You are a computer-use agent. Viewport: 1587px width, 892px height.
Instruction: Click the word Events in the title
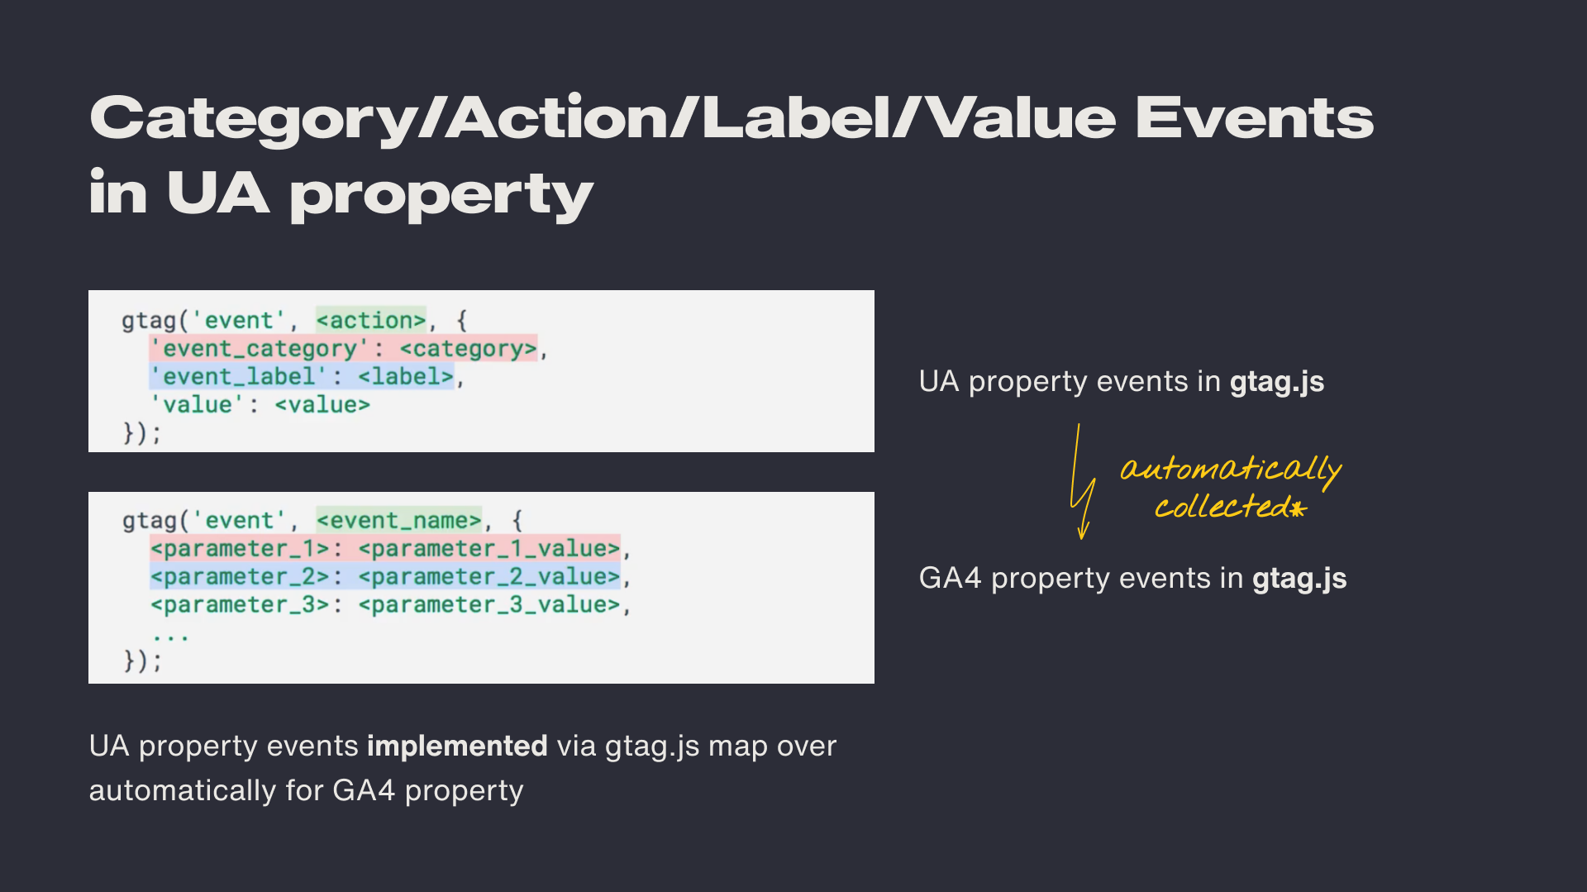tap(1254, 118)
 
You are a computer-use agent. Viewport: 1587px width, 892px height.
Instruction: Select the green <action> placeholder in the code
tap(371, 320)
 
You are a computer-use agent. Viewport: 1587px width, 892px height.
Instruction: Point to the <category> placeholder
tap(469, 349)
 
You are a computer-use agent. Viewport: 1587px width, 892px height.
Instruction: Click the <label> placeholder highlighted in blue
tap(406, 377)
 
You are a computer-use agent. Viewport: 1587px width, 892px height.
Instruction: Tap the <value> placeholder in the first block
tap(322, 405)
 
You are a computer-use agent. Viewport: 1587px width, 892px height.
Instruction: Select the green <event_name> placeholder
tap(399, 520)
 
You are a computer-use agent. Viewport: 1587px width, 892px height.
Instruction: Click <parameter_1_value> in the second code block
tap(489, 548)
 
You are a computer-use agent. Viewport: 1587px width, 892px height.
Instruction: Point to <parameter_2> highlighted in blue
tap(240, 576)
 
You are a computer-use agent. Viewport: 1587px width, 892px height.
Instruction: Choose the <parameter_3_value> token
tap(489, 604)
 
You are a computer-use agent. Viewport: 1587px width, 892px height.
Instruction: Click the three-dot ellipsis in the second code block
tap(171, 637)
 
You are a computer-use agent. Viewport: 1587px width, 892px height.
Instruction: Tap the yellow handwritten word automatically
tap(1231, 470)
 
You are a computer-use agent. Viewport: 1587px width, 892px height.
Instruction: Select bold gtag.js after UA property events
tap(1277, 382)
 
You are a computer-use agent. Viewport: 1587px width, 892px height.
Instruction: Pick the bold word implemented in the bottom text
tap(457, 746)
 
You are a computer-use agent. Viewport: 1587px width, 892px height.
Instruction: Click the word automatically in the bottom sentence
tap(183, 791)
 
